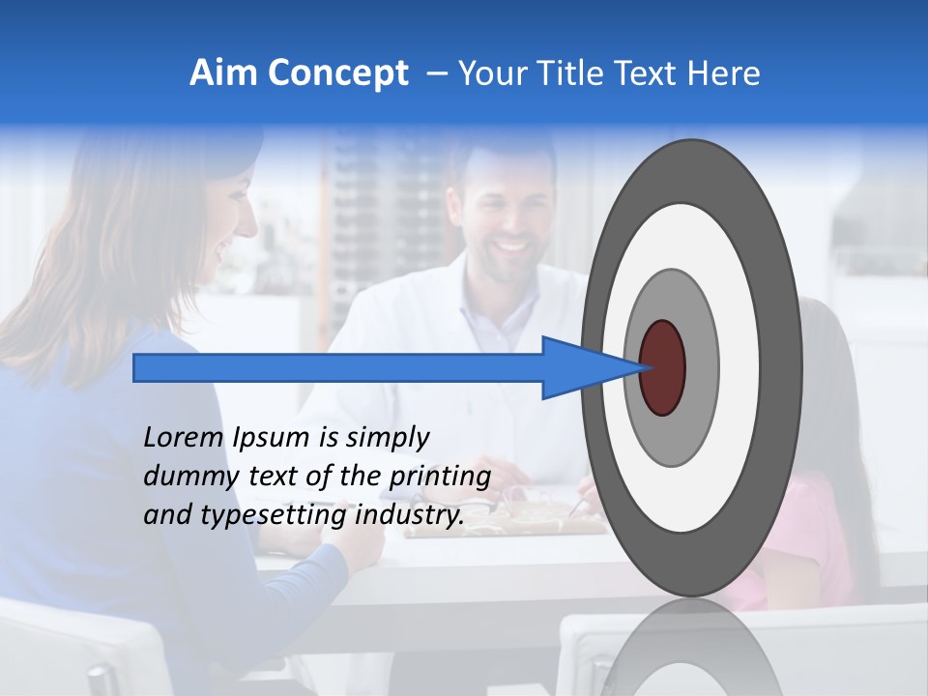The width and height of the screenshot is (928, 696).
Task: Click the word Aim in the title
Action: (x=222, y=73)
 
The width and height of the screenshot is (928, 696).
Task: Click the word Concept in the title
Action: (x=337, y=73)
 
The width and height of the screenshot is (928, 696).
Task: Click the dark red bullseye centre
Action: (x=663, y=367)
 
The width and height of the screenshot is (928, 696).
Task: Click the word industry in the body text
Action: (x=410, y=516)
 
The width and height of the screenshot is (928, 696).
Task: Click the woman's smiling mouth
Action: (x=225, y=253)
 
